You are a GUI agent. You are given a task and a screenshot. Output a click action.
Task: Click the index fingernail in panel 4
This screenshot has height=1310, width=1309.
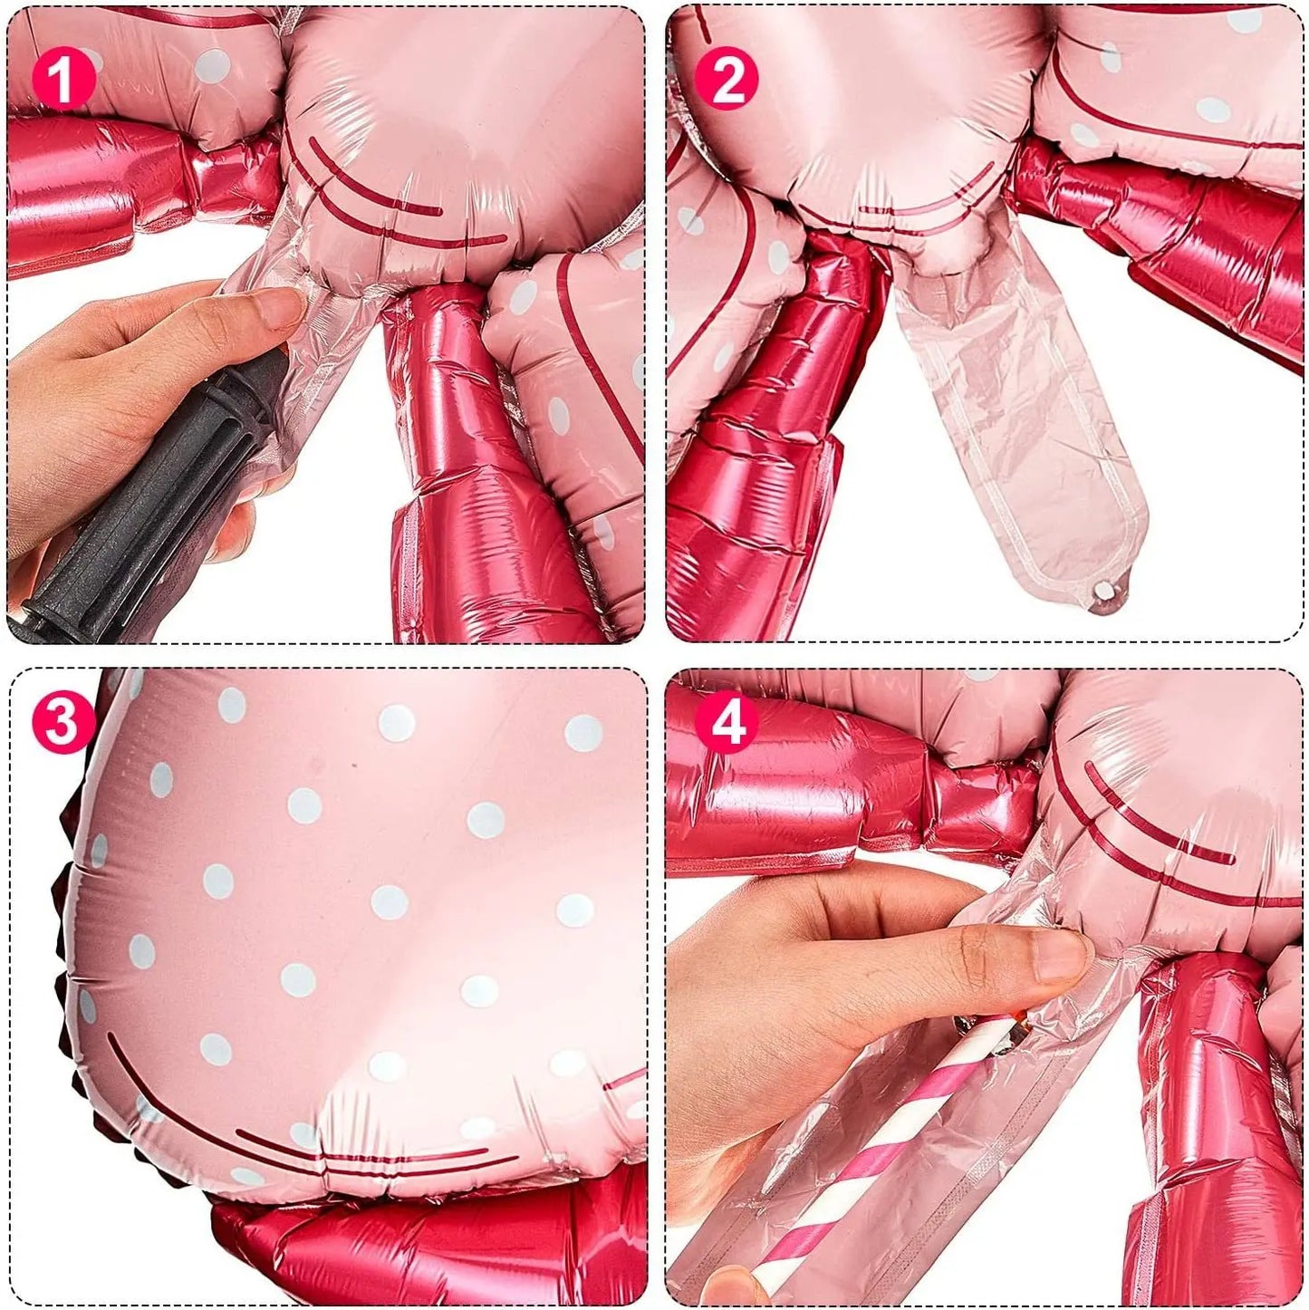coord(1060,955)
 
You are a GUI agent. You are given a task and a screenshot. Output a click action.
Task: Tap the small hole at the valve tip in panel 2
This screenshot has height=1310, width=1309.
coord(1104,592)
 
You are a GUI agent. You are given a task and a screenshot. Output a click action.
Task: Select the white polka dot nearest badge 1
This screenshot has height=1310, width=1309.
coord(213,66)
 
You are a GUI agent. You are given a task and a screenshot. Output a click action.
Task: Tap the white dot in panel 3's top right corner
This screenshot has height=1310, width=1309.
coord(583,733)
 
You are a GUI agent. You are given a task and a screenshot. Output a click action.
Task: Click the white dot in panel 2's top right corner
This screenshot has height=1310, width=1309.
coord(1245,21)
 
